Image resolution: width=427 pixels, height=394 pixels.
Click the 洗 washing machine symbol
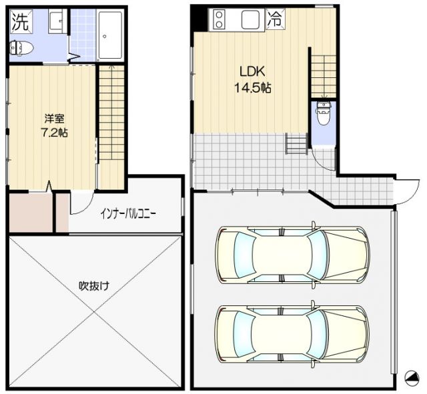(x=21, y=21)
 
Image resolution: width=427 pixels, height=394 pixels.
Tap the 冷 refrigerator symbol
(x=275, y=19)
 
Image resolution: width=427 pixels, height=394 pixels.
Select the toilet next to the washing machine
(x=21, y=48)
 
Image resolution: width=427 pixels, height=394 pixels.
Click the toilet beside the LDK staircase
(x=324, y=113)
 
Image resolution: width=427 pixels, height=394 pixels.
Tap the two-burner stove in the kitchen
(x=219, y=19)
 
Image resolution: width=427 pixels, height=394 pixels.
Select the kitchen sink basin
(x=250, y=19)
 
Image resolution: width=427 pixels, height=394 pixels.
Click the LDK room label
(x=252, y=71)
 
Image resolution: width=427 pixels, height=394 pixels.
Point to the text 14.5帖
(x=252, y=87)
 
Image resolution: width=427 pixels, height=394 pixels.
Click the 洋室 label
(x=55, y=119)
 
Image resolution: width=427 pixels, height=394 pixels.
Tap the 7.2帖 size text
(x=54, y=133)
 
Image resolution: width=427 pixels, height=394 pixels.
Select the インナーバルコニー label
(x=128, y=213)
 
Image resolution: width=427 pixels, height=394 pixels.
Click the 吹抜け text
(x=94, y=286)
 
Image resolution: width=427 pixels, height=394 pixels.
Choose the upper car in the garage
(x=293, y=255)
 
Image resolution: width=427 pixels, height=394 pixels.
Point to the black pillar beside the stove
(x=199, y=19)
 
